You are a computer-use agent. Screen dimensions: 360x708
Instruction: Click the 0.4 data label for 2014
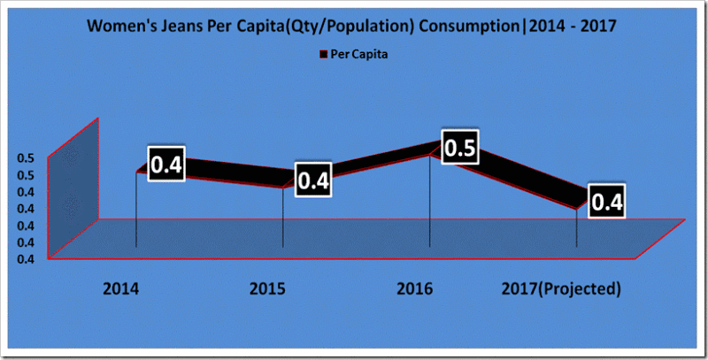pos(164,164)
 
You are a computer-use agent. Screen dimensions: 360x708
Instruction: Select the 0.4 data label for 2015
pos(313,180)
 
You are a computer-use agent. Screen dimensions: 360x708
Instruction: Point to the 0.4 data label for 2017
pos(606,202)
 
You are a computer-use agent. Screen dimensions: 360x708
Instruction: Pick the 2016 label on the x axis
pos(414,289)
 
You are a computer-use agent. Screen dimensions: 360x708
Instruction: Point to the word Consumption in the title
pos(467,27)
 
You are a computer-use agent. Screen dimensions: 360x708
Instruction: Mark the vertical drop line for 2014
pos(135,212)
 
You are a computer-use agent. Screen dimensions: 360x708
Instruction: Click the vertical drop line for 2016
pos(429,203)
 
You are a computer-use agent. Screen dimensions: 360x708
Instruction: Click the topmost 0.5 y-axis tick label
pos(25,158)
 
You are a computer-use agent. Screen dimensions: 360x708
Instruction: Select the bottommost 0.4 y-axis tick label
pos(25,258)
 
